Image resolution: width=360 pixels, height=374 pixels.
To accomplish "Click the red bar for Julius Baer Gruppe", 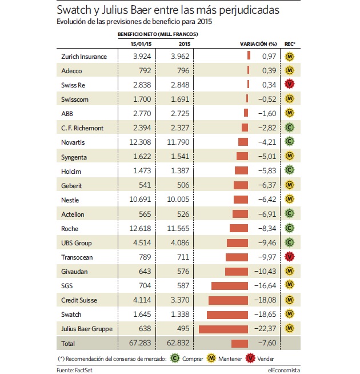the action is tap(223, 329).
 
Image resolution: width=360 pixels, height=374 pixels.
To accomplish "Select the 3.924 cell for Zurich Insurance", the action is tap(142, 56).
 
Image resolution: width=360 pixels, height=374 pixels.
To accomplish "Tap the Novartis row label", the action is tap(73, 142).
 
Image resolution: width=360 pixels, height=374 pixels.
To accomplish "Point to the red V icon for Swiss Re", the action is tap(290, 84).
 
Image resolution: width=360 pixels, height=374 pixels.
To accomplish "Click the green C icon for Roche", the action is tap(290, 228).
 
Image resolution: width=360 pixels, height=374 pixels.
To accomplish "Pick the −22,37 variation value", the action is tap(265, 329).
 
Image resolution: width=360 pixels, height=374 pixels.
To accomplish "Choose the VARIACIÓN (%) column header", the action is tap(258, 44).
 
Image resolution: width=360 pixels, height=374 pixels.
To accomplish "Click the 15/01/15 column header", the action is tap(141, 44).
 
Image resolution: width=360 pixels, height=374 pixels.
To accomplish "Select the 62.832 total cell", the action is tap(178, 343).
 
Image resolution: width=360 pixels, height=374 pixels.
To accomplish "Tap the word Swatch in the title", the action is tap(74, 10).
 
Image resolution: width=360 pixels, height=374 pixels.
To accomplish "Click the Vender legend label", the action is tap(265, 359).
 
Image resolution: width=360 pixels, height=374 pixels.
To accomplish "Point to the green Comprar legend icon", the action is tap(175, 358).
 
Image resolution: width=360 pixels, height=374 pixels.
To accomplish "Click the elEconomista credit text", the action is tap(283, 370).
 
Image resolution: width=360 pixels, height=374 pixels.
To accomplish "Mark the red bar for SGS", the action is tap(230, 286).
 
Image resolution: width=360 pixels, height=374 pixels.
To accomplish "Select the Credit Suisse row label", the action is tap(79, 300).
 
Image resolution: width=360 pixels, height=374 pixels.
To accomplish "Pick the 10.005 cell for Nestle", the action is tap(178, 199).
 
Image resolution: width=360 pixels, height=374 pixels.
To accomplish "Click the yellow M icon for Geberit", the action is tap(290, 185).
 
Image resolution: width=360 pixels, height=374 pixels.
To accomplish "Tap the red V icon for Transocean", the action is tap(290, 257).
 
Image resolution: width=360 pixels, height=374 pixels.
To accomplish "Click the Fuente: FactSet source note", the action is tap(75, 370).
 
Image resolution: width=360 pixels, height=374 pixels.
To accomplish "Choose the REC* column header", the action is tap(290, 44).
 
